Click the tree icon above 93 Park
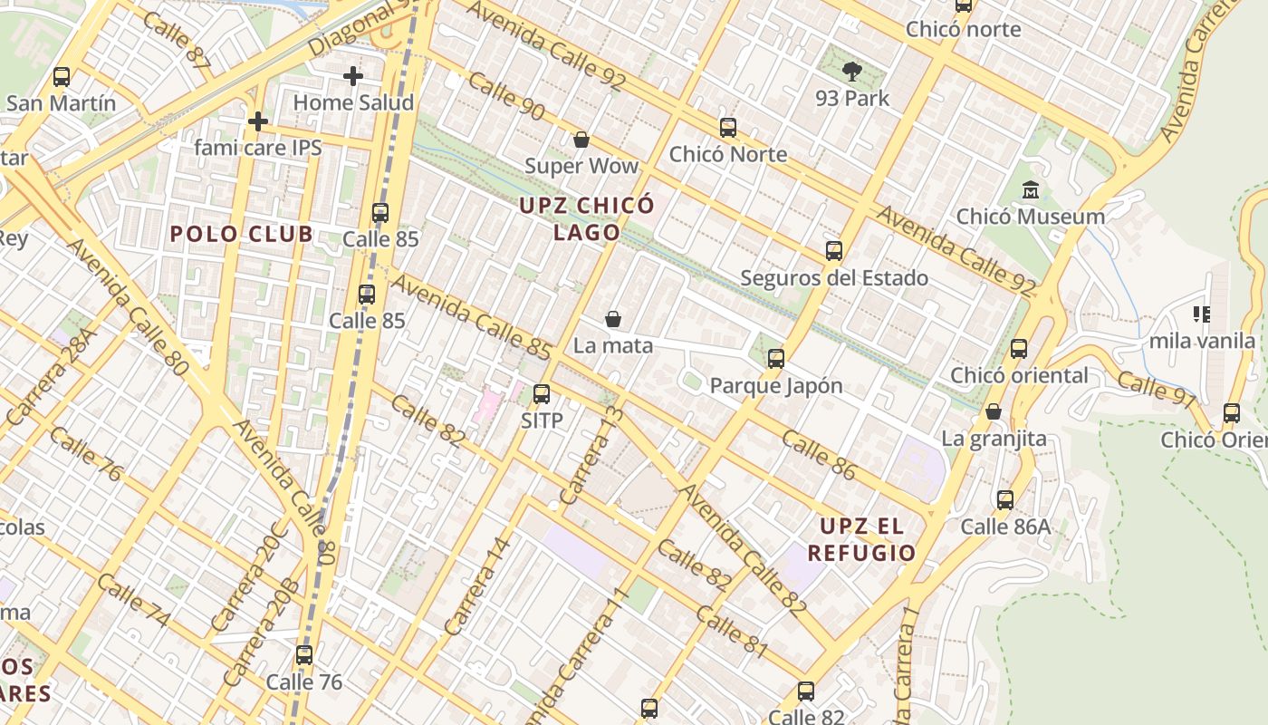[x=851, y=71]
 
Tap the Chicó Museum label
[x=1031, y=217]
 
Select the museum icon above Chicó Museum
[x=1031, y=190]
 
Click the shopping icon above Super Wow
[x=581, y=140]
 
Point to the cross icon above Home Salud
[x=353, y=76]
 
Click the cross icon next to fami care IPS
[x=258, y=121]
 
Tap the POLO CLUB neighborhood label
[x=242, y=234]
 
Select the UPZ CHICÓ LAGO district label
[x=587, y=218]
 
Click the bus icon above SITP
[x=542, y=394]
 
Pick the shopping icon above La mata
[x=613, y=319]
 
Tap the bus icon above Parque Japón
[x=776, y=359]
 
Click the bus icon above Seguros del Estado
[x=834, y=251]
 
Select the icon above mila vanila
[x=1202, y=314]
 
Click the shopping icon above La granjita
[x=994, y=411]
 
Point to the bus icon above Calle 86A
[x=1005, y=499]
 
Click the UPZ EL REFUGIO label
[x=861, y=539]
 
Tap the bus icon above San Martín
[x=62, y=77]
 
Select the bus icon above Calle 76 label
[x=304, y=654]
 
